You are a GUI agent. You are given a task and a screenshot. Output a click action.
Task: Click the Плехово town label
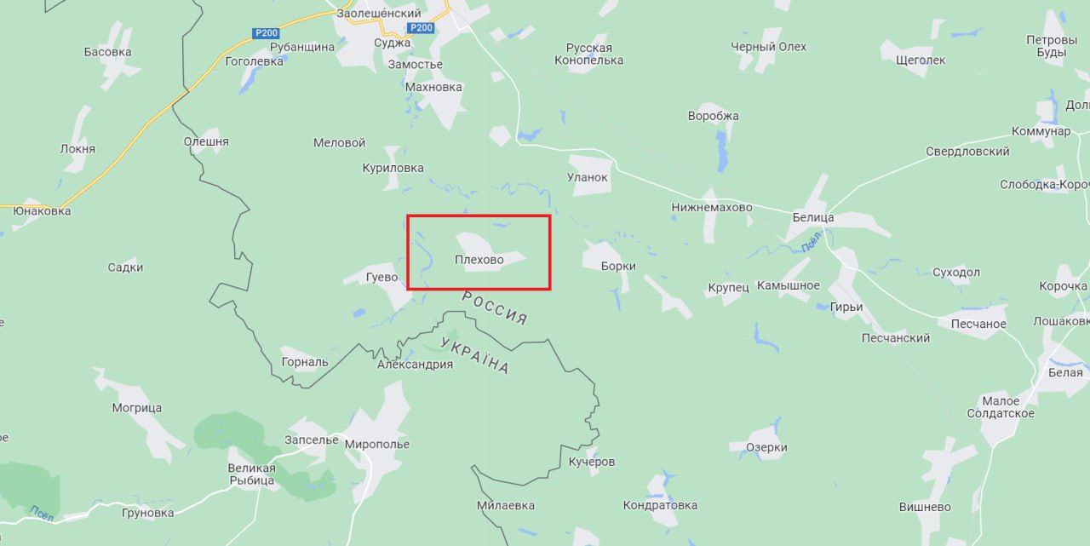479,260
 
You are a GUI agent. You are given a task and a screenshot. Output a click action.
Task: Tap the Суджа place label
392,43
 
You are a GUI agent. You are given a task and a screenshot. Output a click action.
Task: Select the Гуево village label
381,277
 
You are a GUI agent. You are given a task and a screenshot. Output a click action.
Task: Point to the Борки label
618,266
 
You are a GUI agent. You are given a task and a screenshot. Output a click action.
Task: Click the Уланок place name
588,177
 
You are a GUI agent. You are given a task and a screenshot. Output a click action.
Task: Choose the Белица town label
813,217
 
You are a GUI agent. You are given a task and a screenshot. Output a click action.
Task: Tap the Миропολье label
377,444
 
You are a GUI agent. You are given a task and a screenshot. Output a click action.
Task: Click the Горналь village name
305,361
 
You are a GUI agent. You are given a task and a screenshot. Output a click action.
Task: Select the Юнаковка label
42,210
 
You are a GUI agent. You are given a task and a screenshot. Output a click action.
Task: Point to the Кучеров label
592,462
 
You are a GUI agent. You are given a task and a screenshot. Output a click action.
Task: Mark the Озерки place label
766,447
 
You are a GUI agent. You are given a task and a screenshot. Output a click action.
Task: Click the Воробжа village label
714,116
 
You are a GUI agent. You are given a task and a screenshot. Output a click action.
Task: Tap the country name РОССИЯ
495,308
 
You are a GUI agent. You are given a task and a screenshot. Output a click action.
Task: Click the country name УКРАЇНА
475,355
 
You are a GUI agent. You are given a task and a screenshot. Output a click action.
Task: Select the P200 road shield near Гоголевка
265,33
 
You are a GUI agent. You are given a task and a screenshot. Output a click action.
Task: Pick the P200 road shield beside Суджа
421,28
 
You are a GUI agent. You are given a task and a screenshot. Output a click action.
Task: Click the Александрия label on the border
415,365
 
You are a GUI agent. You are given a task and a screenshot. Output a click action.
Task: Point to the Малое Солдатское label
1001,407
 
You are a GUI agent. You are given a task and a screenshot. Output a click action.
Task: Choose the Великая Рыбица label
251,474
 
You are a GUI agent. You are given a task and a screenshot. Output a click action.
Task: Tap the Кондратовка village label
660,505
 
